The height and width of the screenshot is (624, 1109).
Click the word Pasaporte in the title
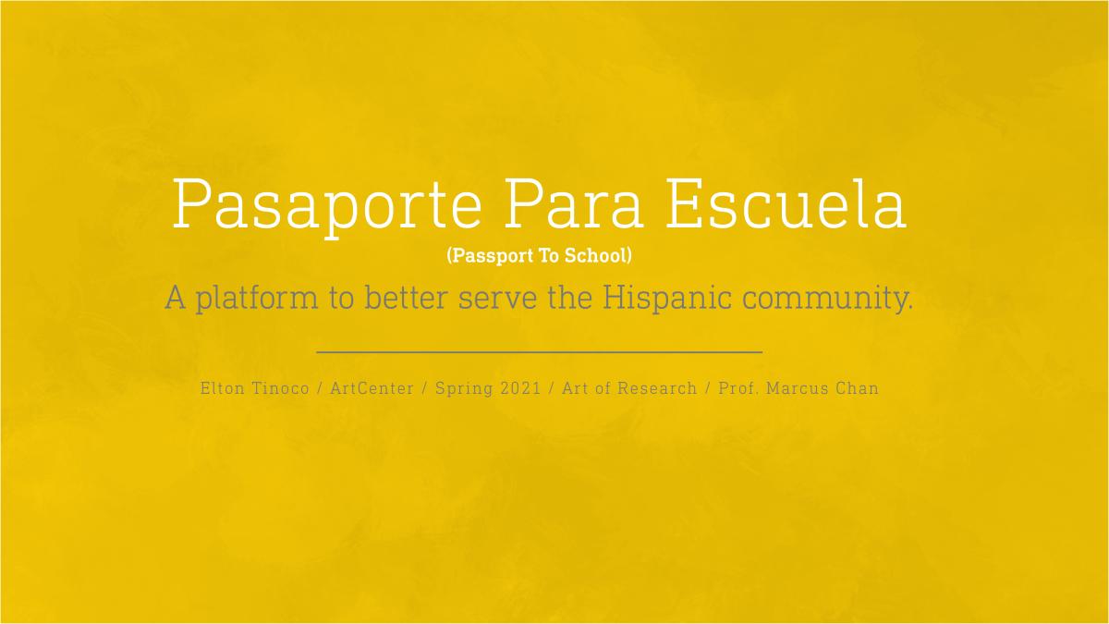[x=327, y=208]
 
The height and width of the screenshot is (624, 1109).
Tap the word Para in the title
[x=573, y=203]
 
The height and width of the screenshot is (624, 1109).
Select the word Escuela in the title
[x=786, y=203]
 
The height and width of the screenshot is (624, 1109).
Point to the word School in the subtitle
[x=595, y=255]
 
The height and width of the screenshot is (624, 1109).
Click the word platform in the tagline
[x=257, y=299]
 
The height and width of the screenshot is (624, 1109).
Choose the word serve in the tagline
[x=497, y=300]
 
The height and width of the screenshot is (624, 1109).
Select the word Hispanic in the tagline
[x=667, y=298]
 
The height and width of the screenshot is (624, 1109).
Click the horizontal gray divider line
[x=539, y=352]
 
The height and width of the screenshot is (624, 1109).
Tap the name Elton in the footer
[x=223, y=388]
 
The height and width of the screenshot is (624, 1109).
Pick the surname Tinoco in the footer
[x=281, y=388]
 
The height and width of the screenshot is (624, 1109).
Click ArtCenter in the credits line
[x=372, y=388]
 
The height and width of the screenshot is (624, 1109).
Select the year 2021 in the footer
[x=521, y=388]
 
